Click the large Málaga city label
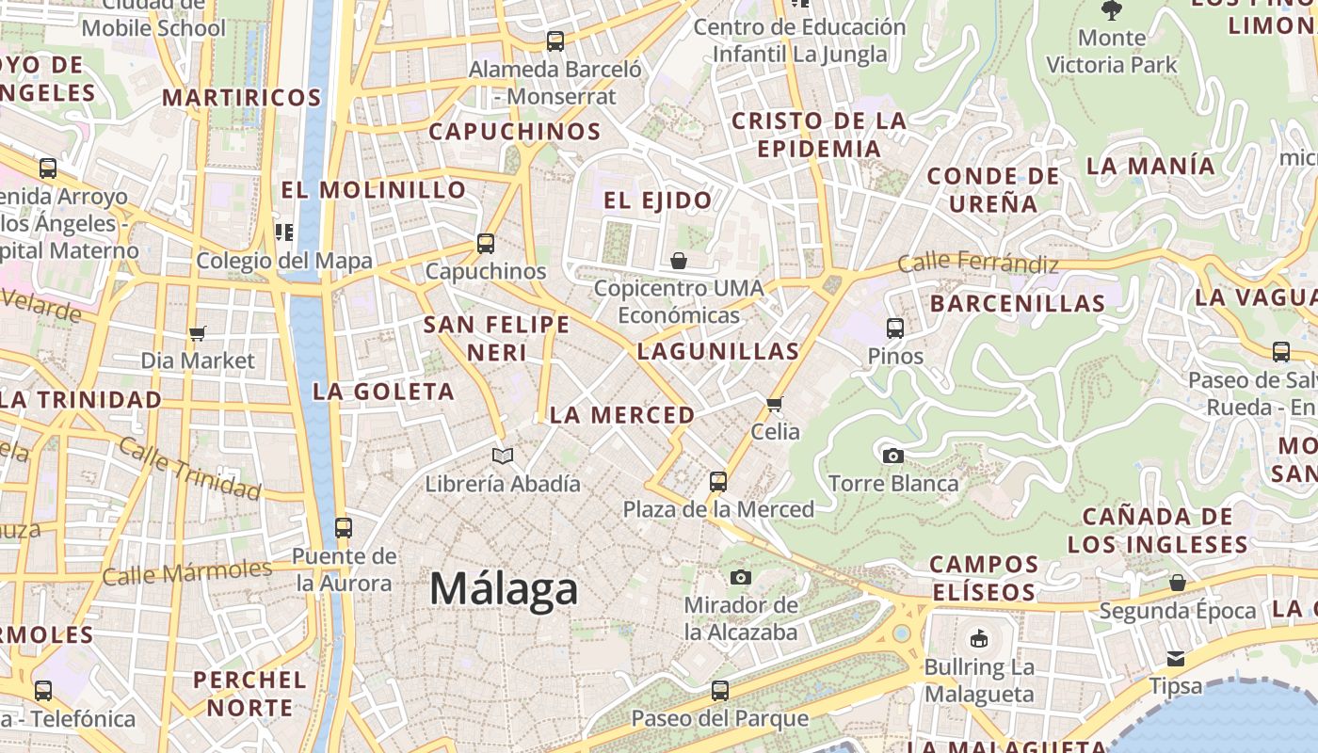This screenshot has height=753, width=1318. point(504,589)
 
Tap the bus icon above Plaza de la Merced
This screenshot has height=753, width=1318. point(718,482)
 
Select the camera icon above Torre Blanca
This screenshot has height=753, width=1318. point(892,457)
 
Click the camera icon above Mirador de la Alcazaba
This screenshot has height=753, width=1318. point(741,577)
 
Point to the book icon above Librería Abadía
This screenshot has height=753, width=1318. point(503,457)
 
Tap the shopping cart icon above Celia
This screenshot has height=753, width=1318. point(775,404)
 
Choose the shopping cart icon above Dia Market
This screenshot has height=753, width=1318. point(197,333)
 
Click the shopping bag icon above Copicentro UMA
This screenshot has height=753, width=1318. point(679,261)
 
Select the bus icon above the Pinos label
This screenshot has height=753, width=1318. point(895,328)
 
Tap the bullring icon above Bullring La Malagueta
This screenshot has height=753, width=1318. point(979,639)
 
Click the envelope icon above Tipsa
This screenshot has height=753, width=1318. point(1176,658)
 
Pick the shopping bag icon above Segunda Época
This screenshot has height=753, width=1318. point(1178,584)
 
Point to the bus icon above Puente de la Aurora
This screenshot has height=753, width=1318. point(344,527)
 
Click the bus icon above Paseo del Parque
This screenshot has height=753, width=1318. point(720,690)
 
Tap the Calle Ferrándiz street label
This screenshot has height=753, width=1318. point(978,263)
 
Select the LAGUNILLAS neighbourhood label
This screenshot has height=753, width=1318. point(718,352)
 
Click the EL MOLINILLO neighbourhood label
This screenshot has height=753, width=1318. point(374,190)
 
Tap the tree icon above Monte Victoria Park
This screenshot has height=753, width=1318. point(1112,11)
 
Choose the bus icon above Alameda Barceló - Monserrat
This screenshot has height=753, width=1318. point(555,41)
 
